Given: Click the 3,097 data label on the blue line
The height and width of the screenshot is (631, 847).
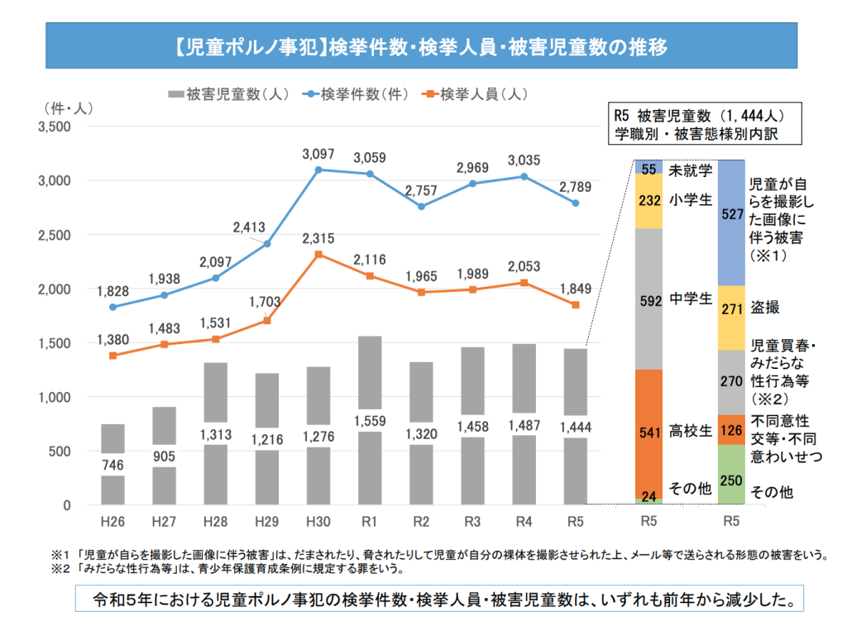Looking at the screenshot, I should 318,154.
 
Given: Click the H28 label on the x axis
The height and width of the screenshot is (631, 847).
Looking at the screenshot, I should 215,523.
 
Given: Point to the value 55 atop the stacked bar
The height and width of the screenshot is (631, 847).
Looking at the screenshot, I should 648,169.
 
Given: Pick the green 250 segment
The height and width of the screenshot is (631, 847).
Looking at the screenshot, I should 731,475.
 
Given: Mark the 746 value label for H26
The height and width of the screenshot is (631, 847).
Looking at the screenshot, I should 112,466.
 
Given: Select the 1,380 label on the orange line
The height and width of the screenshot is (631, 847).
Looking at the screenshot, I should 112,339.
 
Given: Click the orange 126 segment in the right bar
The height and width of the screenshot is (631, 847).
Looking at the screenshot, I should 731,429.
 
